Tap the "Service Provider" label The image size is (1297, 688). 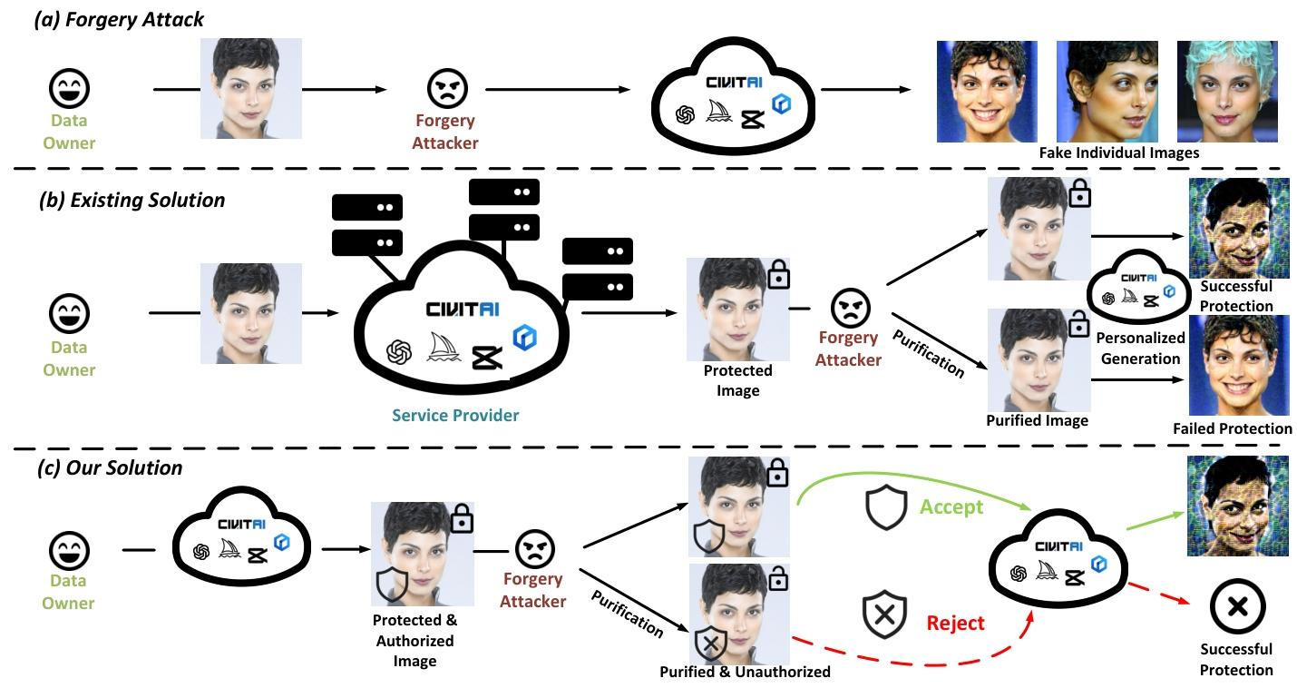pyautogui.click(x=455, y=415)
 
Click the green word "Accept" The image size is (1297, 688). pyautogui.click(x=951, y=506)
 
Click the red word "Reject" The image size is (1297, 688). pyautogui.click(x=955, y=623)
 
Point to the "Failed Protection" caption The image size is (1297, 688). pyautogui.click(x=1232, y=428)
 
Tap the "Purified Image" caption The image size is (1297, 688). pyautogui.click(x=1037, y=420)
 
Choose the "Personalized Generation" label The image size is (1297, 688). pyautogui.click(x=1140, y=348)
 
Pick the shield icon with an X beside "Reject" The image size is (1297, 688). pyautogui.click(x=886, y=615)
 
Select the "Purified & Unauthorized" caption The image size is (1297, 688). pyautogui.click(x=745, y=672)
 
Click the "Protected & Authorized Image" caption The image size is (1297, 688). pyautogui.click(x=414, y=641)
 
